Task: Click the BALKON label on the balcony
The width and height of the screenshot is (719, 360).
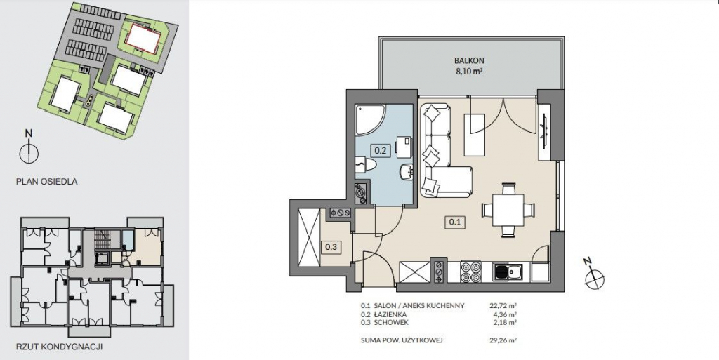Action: (469, 60)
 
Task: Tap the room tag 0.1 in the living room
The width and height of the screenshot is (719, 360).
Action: (454, 222)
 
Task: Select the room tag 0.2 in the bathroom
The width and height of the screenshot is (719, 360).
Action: (380, 149)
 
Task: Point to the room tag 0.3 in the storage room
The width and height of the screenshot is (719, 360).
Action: (331, 247)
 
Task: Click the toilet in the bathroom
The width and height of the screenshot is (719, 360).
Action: (366, 165)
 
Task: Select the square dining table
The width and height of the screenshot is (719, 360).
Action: (508, 210)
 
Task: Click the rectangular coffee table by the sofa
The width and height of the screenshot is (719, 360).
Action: (474, 135)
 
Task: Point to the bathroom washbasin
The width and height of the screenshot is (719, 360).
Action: (407, 172)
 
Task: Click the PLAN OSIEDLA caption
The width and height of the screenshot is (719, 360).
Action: (47, 181)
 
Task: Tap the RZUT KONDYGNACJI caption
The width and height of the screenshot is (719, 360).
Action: (59, 347)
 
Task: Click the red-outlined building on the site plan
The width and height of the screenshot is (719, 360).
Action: (144, 37)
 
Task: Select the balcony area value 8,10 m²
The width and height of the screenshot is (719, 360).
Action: (469, 71)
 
